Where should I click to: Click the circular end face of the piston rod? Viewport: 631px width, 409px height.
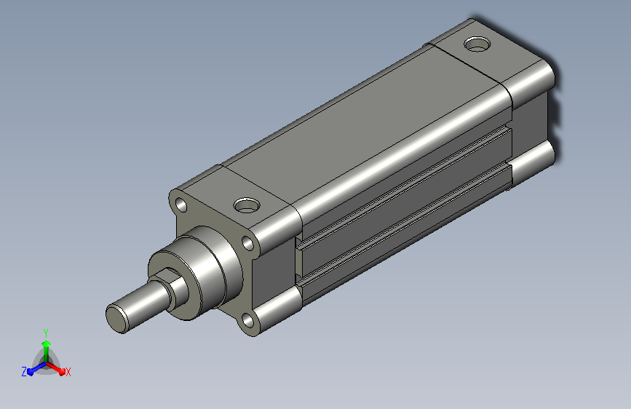[117, 318]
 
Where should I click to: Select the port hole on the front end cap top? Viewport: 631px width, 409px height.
[246, 205]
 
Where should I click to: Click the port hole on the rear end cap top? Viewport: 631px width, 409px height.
[477, 44]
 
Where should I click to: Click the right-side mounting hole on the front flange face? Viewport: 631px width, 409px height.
[248, 244]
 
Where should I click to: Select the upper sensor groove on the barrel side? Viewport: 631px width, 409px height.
[405, 183]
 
